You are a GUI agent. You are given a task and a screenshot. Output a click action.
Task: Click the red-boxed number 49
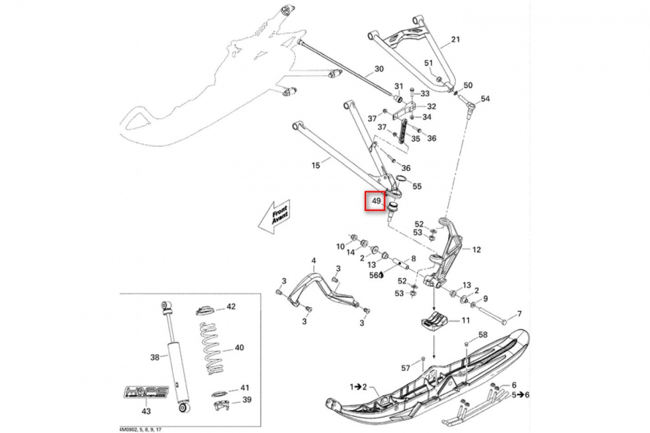[374, 202]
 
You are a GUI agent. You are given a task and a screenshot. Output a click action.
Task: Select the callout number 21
[455, 40]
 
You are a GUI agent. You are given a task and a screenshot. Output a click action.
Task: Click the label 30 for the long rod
[379, 69]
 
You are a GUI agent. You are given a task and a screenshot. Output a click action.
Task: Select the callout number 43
[145, 411]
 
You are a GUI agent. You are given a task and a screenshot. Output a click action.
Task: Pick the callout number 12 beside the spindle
[476, 250]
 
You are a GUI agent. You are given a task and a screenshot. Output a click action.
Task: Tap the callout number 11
[465, 320]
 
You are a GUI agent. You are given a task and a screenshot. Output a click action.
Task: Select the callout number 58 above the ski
[483, 336]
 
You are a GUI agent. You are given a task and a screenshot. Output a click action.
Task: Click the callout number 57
[406, 368]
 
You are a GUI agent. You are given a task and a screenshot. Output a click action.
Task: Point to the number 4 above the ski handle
[313, 261]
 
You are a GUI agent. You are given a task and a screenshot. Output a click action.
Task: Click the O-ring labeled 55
[401, 179]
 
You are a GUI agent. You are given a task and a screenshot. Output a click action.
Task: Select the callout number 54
[485, 99]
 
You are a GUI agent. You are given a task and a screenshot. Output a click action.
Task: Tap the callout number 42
[231, 307]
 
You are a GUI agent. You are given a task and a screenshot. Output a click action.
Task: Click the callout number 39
[247, 400]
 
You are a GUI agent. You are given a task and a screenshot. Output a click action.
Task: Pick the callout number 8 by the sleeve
[413, 259]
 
